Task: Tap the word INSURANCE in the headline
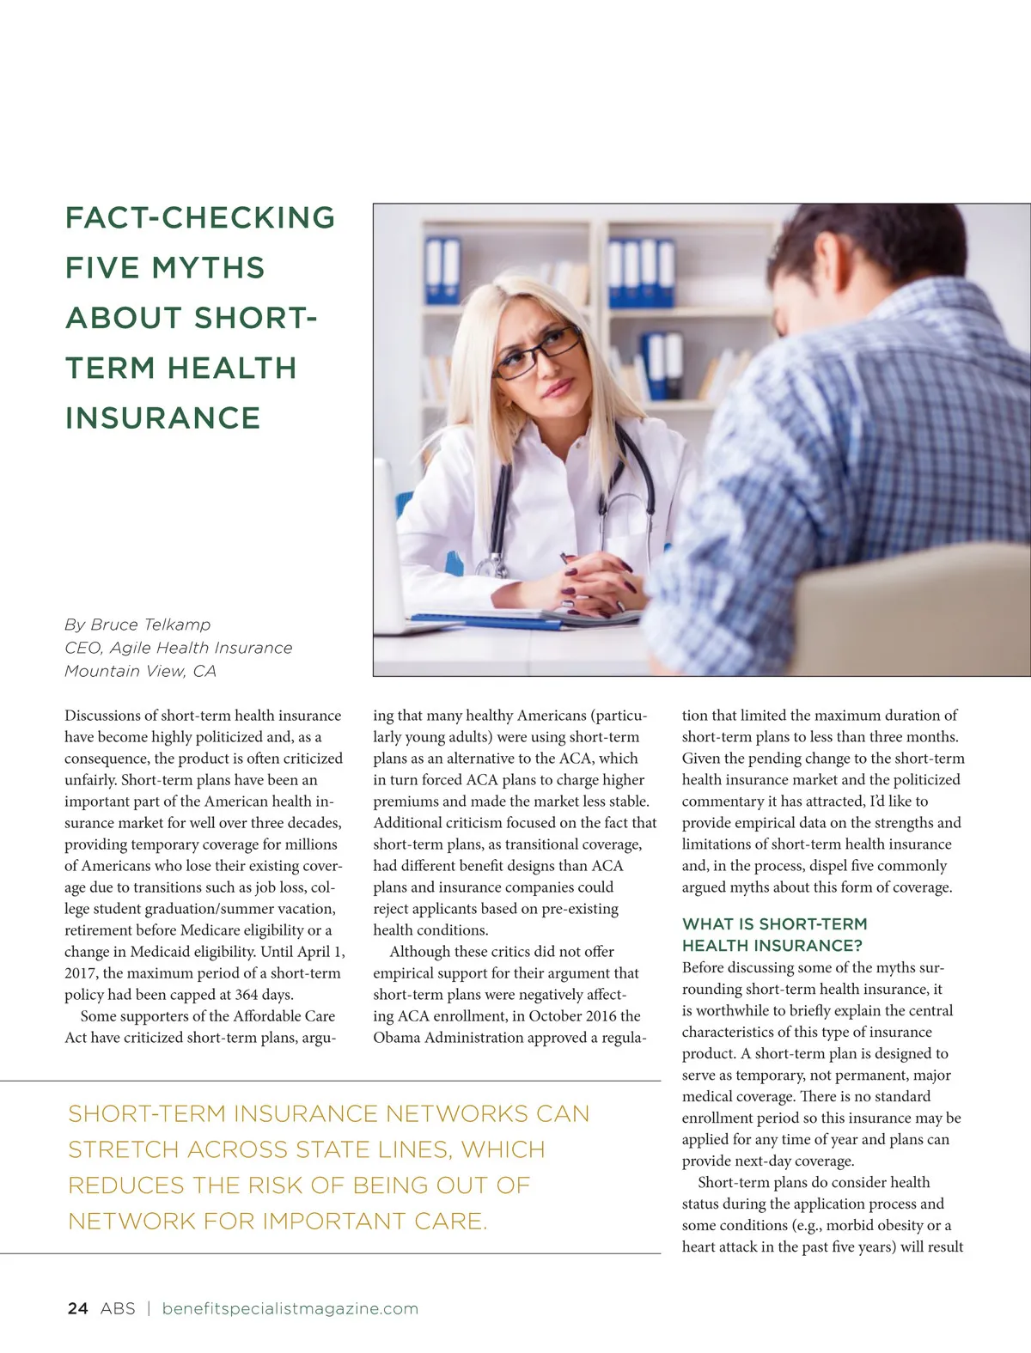(x=162, y=418)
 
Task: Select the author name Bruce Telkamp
(x=150, y=625)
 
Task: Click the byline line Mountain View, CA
(x=140, y=671)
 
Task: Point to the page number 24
(x=77, y=1308)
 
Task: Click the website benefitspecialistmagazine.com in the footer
(x=290, y=1308)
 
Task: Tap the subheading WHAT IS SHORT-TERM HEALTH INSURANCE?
(x=774, y=935)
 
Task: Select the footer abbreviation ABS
(x=118, y=1308)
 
